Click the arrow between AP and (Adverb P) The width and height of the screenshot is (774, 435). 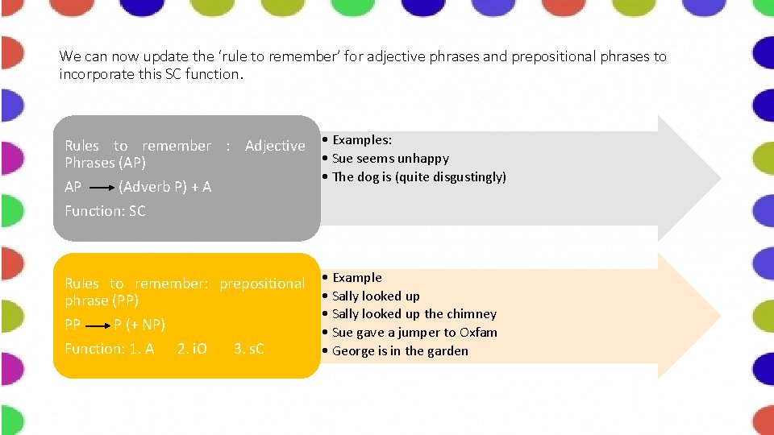(100, 187)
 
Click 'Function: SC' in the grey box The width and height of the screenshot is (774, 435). (105, 211)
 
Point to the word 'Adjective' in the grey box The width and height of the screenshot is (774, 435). (275, 146)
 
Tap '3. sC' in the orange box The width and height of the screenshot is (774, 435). (248, 349)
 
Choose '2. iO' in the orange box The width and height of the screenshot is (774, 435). (192, 349)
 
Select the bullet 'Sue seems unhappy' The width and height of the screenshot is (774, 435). (390, 159)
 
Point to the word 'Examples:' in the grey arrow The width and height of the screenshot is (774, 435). (362, 140)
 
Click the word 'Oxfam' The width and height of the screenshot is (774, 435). (478, 333)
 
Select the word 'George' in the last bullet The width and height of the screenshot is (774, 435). (353, 351)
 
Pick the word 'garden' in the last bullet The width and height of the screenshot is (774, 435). (447, 351)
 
